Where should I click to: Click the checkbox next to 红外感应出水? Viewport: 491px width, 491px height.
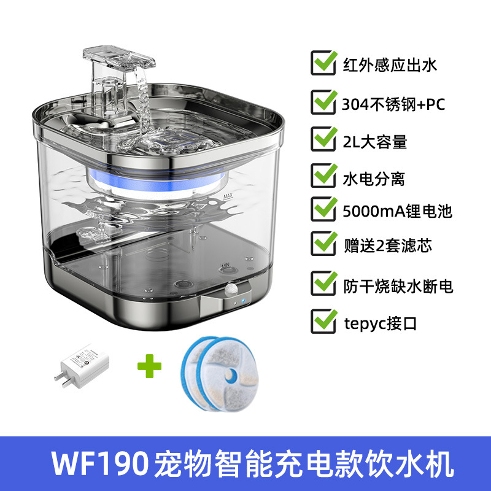coord(323,64)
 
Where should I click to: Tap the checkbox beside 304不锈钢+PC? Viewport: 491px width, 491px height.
coord(323,103)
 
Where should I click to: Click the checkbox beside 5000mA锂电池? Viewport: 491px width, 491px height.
coord(323,211)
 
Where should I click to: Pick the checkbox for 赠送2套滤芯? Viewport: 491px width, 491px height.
coord(323,244)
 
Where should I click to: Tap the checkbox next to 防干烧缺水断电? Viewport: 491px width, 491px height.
coord(323,284)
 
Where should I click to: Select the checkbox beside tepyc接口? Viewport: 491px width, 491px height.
coord(323,321)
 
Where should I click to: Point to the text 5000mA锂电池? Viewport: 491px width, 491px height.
coord(397,212)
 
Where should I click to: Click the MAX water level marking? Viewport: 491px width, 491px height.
coord(229,196)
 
